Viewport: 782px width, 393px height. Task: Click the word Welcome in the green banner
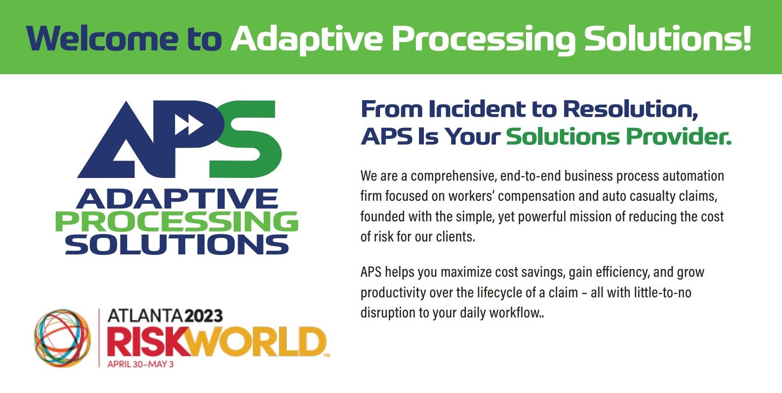(x=102, y=38)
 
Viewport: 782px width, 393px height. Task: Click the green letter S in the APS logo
(x=246, y=139)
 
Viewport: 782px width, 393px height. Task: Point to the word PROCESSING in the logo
(x=176, y=222)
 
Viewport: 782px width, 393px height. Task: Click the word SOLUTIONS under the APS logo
(x=176, y=245)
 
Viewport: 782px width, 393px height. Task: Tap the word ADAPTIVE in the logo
(x=177, y=199)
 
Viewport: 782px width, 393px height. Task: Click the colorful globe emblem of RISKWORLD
(x=62, y=338)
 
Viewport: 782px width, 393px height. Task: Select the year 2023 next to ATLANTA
(x=204, y=316)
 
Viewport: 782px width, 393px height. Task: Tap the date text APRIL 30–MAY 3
(x=140, y=364)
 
